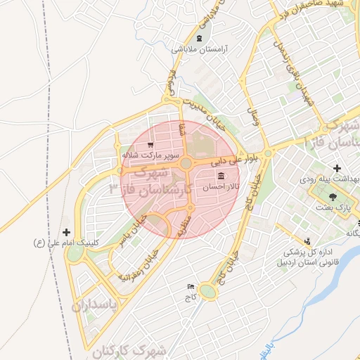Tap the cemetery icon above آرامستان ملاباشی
pyautogui.click(x=200, y=38)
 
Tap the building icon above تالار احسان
pyautogui.click(x=221, y=176)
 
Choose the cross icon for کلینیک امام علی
pyautogui.click(x=67, y=231)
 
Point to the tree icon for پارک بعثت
pyautogui.click(x=333, y=197)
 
